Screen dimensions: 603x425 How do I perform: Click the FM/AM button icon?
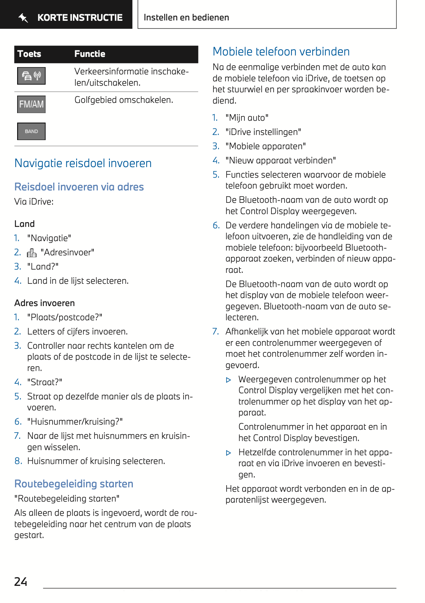tap(31, 104)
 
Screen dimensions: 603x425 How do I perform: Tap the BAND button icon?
tap(31, 131)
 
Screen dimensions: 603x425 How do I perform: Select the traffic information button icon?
tap(31, 76)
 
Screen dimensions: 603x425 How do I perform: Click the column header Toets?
tap(29, 54)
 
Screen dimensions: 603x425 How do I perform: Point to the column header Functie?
tap(90, 54)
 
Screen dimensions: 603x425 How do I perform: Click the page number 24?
tap(21, 581)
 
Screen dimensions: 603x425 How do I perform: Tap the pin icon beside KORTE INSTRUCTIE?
tap(23, 18)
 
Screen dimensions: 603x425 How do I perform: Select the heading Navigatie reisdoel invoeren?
tap(83, 163)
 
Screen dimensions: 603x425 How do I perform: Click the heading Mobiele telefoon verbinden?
tap(281, 51)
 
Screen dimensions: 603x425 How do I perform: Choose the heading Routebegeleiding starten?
tap(74, 484)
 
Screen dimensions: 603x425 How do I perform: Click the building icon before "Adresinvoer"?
tap(32, 253)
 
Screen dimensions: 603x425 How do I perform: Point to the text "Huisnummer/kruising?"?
tap(75, 422)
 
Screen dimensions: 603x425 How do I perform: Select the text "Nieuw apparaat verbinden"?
tap(281, 161)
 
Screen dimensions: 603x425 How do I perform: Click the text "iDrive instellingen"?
tap(263, 132)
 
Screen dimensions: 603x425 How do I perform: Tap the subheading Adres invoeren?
tap(45, 303)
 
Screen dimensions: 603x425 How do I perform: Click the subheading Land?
tap(24, 224)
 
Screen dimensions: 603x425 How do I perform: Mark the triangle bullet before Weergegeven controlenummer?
tap(229, 380)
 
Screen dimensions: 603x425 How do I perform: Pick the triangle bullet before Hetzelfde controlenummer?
tap(229, 453)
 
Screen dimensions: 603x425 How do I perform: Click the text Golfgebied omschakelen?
tap(124, 100)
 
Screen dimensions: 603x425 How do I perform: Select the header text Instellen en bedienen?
tap(186, 18)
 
